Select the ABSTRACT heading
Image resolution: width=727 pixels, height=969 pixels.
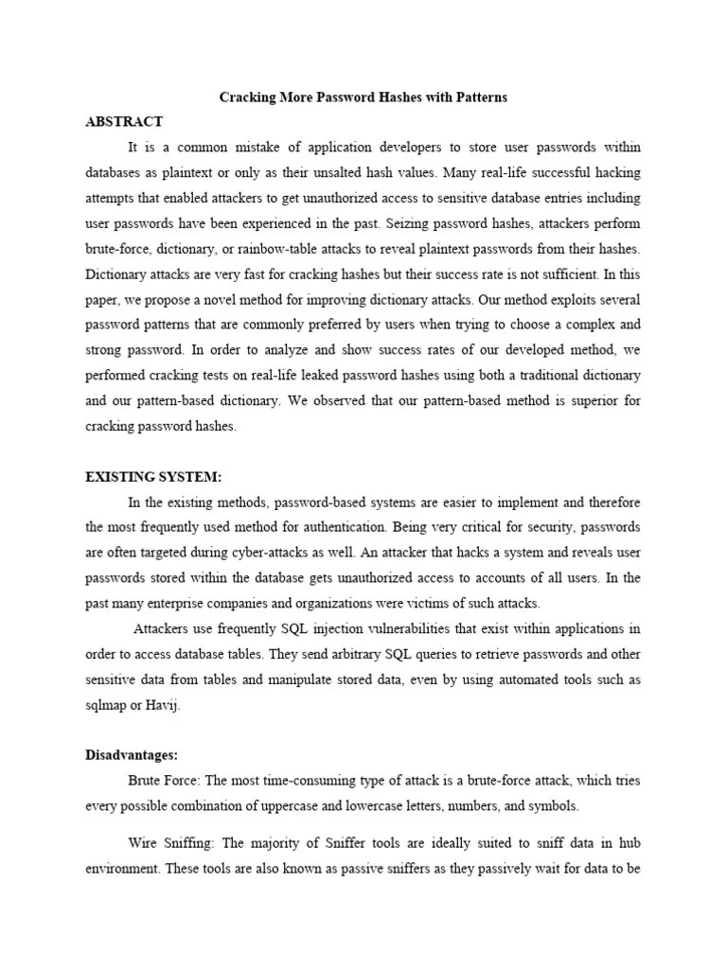[x=124, y=122]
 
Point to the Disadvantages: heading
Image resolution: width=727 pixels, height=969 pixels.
[x=132, y=755]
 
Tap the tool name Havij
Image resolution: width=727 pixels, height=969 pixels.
[x=186, y=705]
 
